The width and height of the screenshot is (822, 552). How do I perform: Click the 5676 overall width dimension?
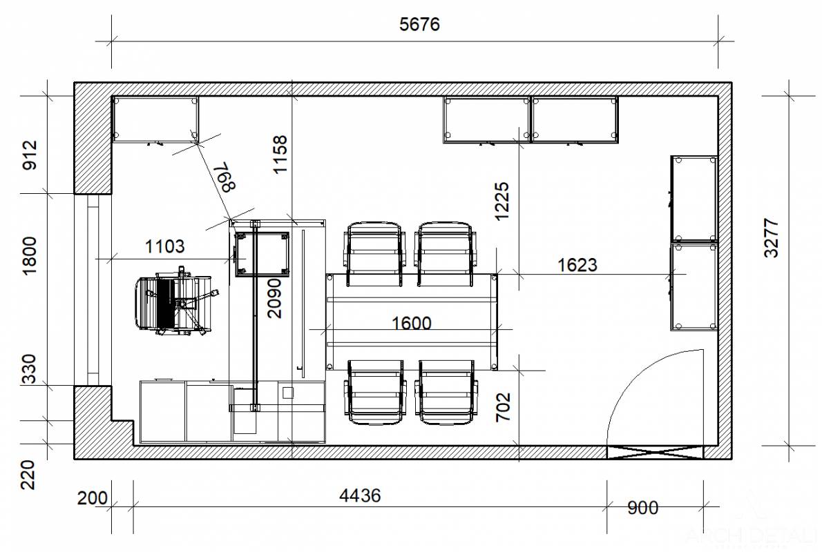point(419,24)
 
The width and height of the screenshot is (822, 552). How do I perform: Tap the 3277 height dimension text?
point(771,238)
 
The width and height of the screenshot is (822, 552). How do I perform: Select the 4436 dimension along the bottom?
point(360,495)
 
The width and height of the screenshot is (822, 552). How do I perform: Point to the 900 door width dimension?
point(642,507)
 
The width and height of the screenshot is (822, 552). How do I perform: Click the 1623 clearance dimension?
point(577,265)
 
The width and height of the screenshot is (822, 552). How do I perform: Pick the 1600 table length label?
point(412,323)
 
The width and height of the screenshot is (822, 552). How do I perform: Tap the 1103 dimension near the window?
point(164,246)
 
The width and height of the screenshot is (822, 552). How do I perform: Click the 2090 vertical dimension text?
point(274,298)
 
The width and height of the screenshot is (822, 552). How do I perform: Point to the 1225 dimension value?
point(501,201)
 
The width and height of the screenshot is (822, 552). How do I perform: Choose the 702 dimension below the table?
point(503,407)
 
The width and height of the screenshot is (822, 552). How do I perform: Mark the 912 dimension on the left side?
point(30,155)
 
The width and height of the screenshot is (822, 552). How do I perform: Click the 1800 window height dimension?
point(30,255)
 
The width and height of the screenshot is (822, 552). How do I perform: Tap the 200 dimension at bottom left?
point(93,497)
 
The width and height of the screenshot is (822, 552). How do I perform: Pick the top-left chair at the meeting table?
point(375,254)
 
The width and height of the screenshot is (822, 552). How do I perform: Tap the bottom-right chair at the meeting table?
point(446,392)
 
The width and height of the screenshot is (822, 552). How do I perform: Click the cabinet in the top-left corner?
point(155,119)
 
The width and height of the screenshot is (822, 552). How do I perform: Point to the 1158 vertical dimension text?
point(280,154)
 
